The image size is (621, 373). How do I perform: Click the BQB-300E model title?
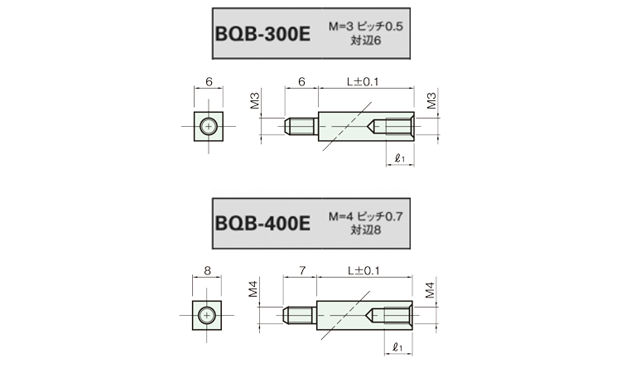262,34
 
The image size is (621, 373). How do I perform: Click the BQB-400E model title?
262,224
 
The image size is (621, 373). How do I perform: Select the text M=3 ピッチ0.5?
365,27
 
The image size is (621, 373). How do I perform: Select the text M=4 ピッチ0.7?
365,216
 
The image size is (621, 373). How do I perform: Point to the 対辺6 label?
365,41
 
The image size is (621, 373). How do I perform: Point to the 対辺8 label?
365,230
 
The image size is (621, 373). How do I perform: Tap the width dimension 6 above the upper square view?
209,82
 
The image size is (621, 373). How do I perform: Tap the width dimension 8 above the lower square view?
207,271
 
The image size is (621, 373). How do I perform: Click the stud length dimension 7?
302,271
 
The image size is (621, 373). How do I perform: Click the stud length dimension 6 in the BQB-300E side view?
301,82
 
